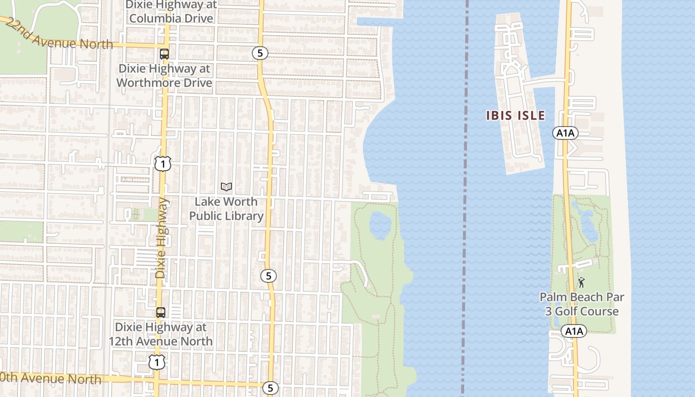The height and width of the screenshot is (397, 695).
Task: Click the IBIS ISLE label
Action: pyautogui.click(x=515, y=116)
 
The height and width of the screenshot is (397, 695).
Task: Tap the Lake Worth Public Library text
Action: pyautogui.click(x=226, y=209)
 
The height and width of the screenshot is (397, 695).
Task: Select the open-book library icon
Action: pyautogui.click(x=226, y=187)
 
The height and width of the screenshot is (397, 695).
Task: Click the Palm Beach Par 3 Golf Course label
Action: pyautogui.click(x=582, y=304)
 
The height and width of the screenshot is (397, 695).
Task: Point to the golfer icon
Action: pyautogui.click(x=581, y=282)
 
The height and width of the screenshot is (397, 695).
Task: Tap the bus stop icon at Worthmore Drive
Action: pyautogui.click(x=164, y=54)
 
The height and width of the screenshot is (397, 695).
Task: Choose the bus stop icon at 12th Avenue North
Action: pyautogui.click(x=161, y=313)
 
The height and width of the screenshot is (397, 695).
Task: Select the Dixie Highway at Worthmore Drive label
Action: pyautogui.click(x=164, y=76)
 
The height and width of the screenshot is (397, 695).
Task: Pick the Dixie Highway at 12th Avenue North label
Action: pyautogui.click(x=161, y=334)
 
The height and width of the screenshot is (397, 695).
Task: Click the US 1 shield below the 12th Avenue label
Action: pyautogui.click(x=157, y=362)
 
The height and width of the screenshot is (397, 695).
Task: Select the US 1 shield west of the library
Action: pyautogui.click(x=162, y=164)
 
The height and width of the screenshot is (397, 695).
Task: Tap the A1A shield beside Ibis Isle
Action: pyautogui.click(x=565, y=133)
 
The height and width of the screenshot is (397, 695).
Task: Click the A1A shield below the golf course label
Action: pyautogui.click(x=574, y=331)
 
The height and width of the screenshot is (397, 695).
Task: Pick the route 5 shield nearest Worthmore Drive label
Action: pyautogui.click(x=260, y=53)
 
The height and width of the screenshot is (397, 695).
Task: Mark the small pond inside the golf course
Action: pyautogui.click(x=589, y=228)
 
